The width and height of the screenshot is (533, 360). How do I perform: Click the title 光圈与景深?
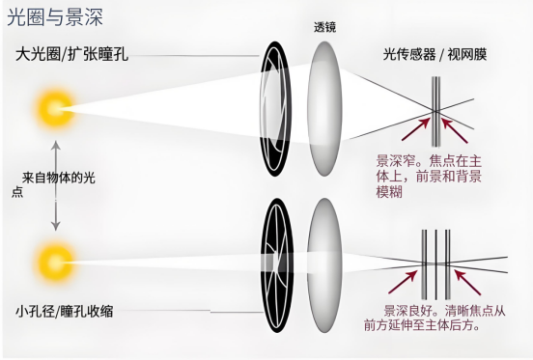(55, 17)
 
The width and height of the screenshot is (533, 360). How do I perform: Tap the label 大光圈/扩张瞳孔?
(71, 54)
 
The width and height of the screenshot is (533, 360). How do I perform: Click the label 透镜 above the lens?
(324, 27)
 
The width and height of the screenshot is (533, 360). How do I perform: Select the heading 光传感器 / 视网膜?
(435, 54)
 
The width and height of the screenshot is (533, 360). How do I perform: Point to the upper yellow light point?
(54, 109)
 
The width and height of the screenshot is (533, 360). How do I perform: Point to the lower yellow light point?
(54, 262)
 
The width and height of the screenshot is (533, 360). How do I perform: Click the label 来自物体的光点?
(53, 184)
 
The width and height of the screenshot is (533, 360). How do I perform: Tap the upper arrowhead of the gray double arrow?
(56, 146)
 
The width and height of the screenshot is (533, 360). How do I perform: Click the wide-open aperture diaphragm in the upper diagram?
(275, 109)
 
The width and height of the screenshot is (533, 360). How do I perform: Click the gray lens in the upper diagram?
(324, 109)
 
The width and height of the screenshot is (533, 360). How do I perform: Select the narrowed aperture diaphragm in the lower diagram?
(276, 264)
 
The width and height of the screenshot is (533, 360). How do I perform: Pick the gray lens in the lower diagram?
(324, 264)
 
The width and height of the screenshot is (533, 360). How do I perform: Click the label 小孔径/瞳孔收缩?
(65, 311)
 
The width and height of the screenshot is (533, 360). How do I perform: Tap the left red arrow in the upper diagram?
(416, 128)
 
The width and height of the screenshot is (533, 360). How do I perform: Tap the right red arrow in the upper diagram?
(455, 129)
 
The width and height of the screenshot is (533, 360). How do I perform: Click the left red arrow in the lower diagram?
(404, 282)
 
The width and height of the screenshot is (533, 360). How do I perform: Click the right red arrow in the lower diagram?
(467, 282)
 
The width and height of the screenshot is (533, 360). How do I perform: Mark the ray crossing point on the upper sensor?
(435, 111)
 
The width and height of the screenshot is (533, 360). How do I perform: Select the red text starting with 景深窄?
(429, 177)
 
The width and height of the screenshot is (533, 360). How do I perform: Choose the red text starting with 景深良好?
(435, 318)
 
